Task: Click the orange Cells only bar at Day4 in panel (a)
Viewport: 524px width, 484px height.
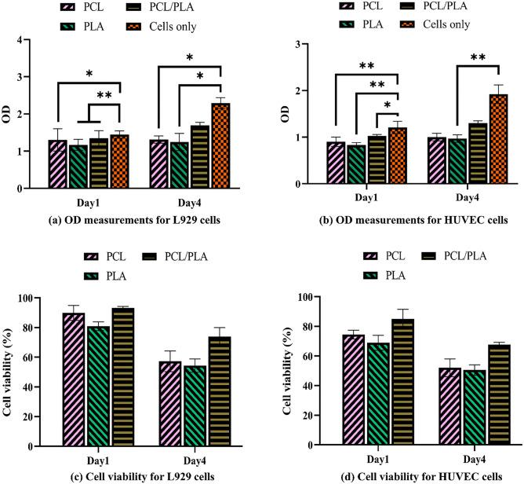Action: click(220, 146)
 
